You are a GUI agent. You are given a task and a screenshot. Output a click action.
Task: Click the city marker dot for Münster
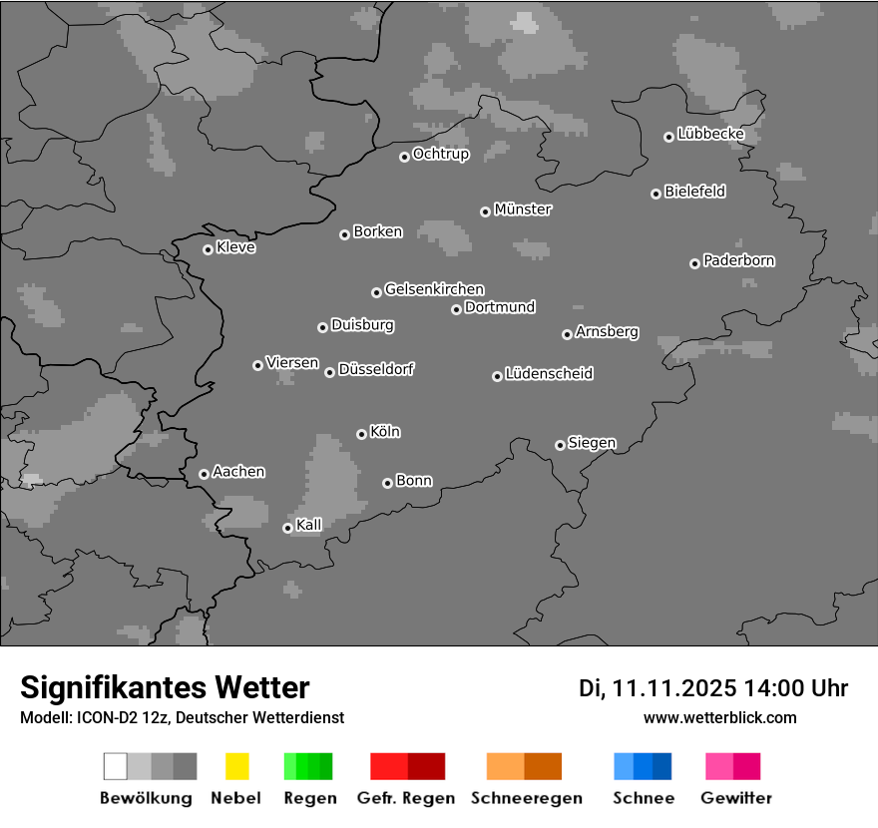[485, 211]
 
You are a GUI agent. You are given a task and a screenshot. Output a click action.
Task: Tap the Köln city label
[385, 432]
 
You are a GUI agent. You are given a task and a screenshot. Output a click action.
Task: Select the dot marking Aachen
[204, 474]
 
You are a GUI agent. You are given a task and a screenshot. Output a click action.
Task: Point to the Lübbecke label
[710, 134]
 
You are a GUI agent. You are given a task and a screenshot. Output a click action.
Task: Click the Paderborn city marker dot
[694, 263]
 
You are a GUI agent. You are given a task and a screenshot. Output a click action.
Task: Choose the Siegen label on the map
[592, 443]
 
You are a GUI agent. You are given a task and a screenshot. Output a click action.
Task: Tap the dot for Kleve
[208, 249]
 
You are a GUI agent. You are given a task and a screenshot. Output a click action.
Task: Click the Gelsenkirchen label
[434, 289]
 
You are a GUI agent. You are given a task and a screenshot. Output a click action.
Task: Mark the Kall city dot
[287, 528]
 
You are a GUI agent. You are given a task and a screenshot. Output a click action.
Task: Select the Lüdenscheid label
[549, 374]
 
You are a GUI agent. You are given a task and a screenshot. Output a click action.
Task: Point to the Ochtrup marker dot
[404, 157]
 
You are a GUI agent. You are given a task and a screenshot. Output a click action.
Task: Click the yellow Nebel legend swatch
[236, 766]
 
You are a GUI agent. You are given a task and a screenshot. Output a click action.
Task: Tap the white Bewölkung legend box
[115, 766]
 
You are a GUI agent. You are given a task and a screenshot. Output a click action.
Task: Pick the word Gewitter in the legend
[736, 798]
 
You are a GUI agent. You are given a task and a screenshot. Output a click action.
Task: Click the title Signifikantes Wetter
[165, 687]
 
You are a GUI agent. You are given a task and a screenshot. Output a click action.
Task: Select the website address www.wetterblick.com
[719, 717]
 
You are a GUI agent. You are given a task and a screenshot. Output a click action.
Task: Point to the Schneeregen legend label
[526, 798]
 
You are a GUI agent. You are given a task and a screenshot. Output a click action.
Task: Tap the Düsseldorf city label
[376, 369]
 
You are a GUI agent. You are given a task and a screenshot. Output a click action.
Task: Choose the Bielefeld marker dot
[657, 194]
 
